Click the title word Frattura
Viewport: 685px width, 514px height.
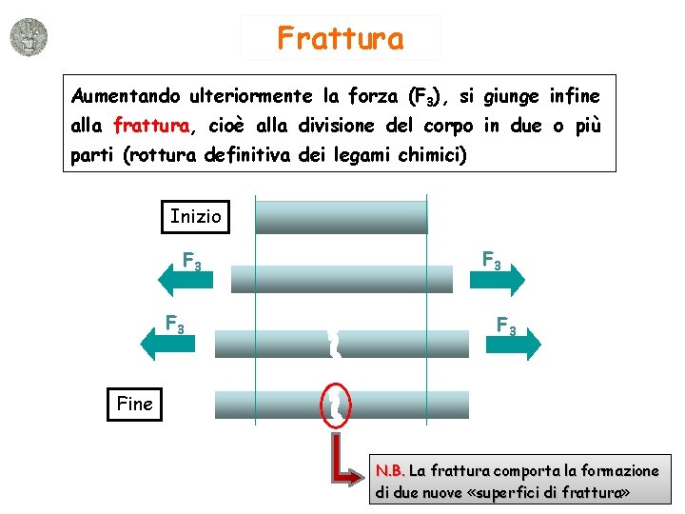pyautogui.click(x=341, y=38)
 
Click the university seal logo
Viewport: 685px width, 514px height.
pyautogui.click(x=28, y=37)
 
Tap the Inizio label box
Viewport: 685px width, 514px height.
pyautogui.click(x=195, y=216)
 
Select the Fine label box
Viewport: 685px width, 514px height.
pyautogui.click(x=134, y=404)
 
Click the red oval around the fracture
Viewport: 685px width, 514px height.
pyautogui.click(x=337, y=404)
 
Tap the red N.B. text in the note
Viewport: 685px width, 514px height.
pyautogui.click(x=390, y=470)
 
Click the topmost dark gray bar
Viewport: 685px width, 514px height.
pyautogui.click(x=342, y=215)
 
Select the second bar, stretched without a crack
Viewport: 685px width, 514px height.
pyautogui.click(x=342, y=278)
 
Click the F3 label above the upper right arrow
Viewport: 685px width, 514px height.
pyautogui.click(x=492, y=258)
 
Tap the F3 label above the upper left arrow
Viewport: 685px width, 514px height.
pyautogui.click(x=191, y=260)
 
